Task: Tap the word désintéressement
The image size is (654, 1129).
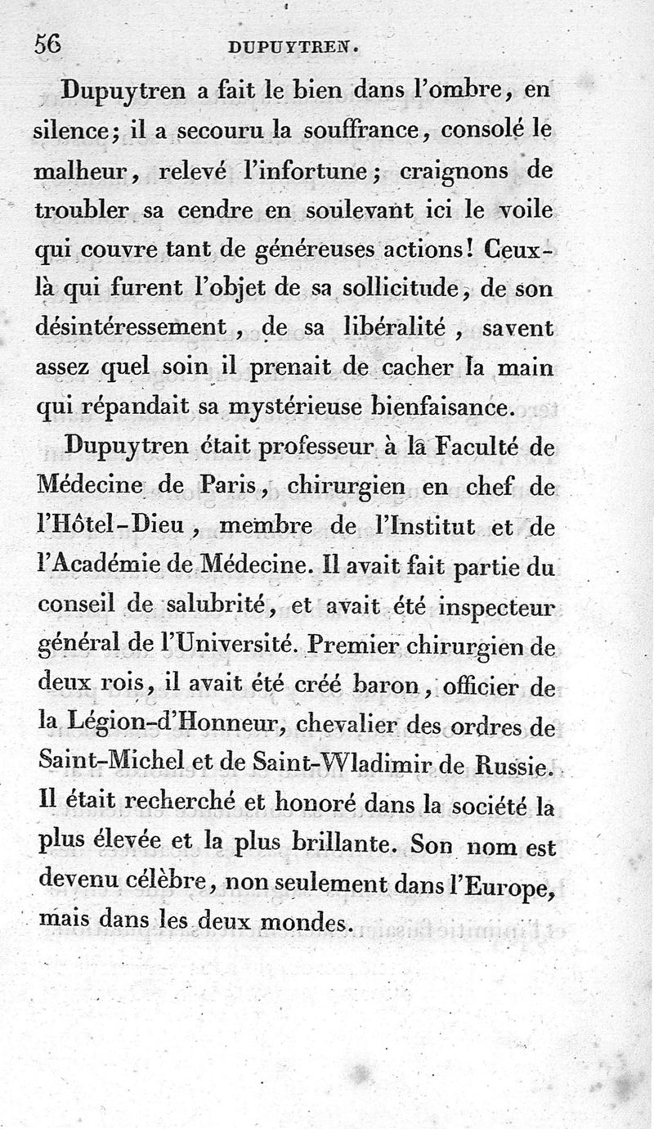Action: (132, 327)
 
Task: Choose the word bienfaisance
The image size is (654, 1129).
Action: (463, 405)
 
